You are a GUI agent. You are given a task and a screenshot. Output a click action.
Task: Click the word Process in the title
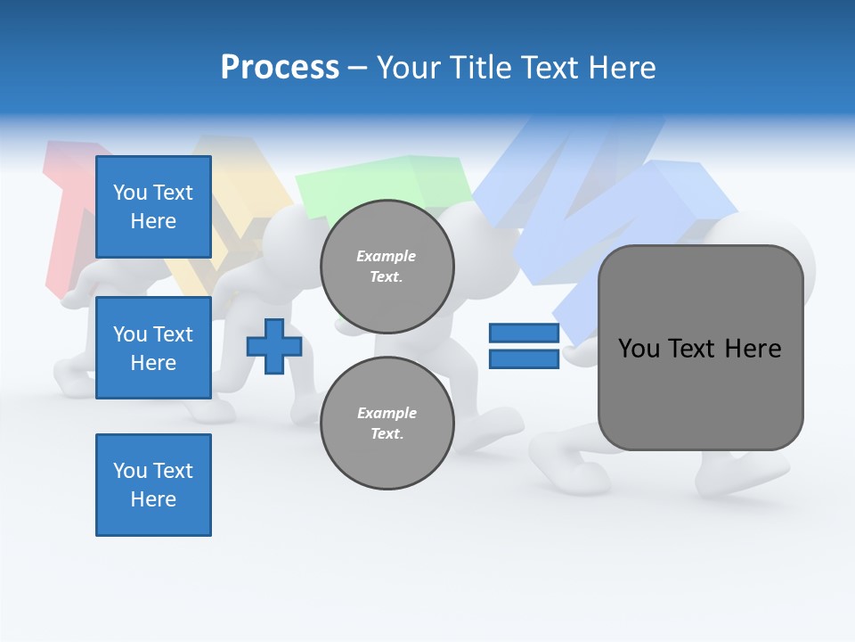(x=280, y=68)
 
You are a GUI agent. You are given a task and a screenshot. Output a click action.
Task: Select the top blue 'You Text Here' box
(x=153, y=207)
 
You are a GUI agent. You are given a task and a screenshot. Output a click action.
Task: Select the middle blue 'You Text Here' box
(x=153, y=348)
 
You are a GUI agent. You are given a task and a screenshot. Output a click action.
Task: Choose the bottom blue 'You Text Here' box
(x=153, y=485)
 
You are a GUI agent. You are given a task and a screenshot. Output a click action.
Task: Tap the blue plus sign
(x=274, y=346)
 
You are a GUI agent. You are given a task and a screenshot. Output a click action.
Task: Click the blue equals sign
(x=525, y=346)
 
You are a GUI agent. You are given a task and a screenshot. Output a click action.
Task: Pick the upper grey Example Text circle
(x=387, y=267)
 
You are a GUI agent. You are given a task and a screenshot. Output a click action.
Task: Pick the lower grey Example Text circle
(x=387, y=424)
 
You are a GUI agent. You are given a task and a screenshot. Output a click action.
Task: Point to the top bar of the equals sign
(x=525, y=333)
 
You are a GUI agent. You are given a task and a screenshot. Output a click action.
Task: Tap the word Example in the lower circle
(x=387, y=413)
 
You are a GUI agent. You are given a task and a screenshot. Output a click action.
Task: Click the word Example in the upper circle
(x=387, y=256)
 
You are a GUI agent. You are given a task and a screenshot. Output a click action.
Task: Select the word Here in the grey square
(x=753, y=349)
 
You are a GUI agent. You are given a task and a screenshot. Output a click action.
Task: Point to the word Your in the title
(x=407, y=68)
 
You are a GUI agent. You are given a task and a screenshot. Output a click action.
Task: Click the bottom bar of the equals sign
(x=525, y=359)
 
